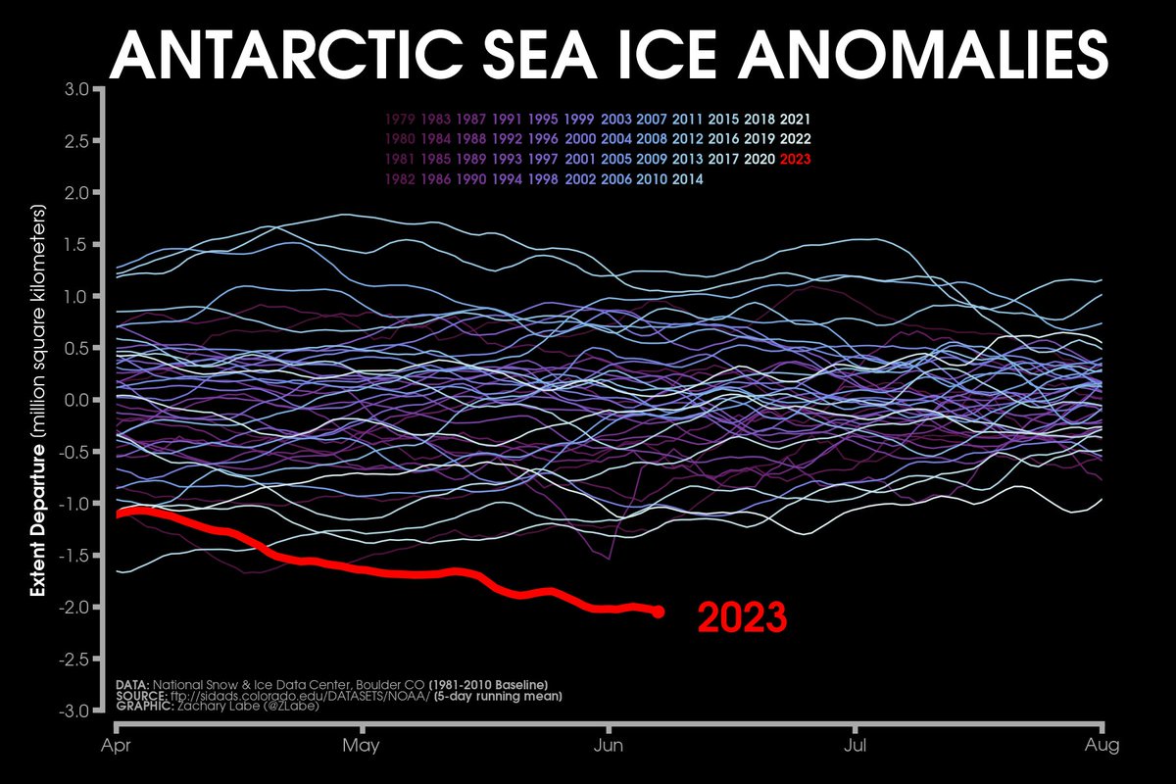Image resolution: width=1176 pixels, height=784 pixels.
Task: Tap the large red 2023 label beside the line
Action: tap(742, 619)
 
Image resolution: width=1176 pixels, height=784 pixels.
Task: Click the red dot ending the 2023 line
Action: tap(658, 612)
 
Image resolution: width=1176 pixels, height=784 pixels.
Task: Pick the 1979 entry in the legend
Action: tap(402, 119)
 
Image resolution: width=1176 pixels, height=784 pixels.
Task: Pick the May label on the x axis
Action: tap(363, 747)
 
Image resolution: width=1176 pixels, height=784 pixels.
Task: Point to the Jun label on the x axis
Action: tap(610, 747)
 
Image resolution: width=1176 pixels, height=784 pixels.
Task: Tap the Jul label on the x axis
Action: tap(857, 747)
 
